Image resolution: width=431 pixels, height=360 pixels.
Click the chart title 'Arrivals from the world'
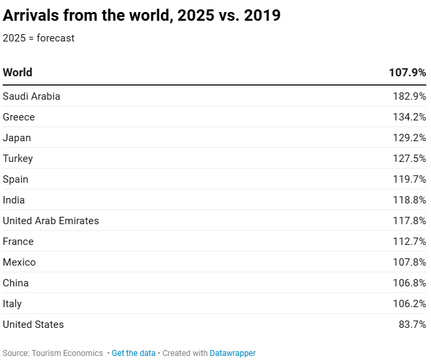pyautogui.click(x=141, y=16)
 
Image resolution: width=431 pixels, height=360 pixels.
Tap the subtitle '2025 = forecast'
pyautogui.click(x=39, y=38)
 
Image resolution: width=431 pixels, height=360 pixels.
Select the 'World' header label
pyautogui.click(x=17, y=72)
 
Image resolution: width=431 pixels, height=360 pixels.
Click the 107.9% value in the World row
pyautogui.click(x=407, y=72)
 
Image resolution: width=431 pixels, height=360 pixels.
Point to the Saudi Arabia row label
pyautogui.click(x=31, y=96)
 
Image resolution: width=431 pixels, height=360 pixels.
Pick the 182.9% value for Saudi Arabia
pyautogui.click(x=409, y=96)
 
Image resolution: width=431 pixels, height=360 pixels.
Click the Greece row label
pyautogui.click(x=19, y=117)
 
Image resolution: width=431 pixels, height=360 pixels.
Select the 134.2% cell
pyautogui.click(x=409, y=117)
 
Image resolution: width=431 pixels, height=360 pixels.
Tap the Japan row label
pyautogui.click(x=17, y=138)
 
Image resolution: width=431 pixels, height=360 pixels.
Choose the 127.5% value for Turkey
pyautogui.click(x=409, y=159)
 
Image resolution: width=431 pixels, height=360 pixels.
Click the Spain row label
pyautogui.click(x=16, y=179)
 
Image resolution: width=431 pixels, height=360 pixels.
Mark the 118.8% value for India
pyautogui.click(x=409, y=200)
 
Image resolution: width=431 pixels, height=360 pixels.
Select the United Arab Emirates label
pyautogui.click(x=51, y=221)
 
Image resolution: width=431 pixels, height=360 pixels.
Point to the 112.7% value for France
pyautogui.click(x=409, y=242)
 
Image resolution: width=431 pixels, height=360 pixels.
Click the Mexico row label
pyautogui.click(x=19, y=262)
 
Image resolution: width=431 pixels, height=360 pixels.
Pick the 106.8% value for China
pyautogui.click(x=409, y=283)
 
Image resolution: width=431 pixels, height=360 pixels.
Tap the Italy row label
pyautogui.click(x=12, y=304)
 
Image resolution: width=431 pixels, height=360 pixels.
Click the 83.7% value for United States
pyautogui.click(x=412, y=325)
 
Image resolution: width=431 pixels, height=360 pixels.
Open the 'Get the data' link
pyautogui.click(x=133, y=353)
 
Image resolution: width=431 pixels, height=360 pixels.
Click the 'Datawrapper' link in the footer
pyautogui.click(x=232, y=353)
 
